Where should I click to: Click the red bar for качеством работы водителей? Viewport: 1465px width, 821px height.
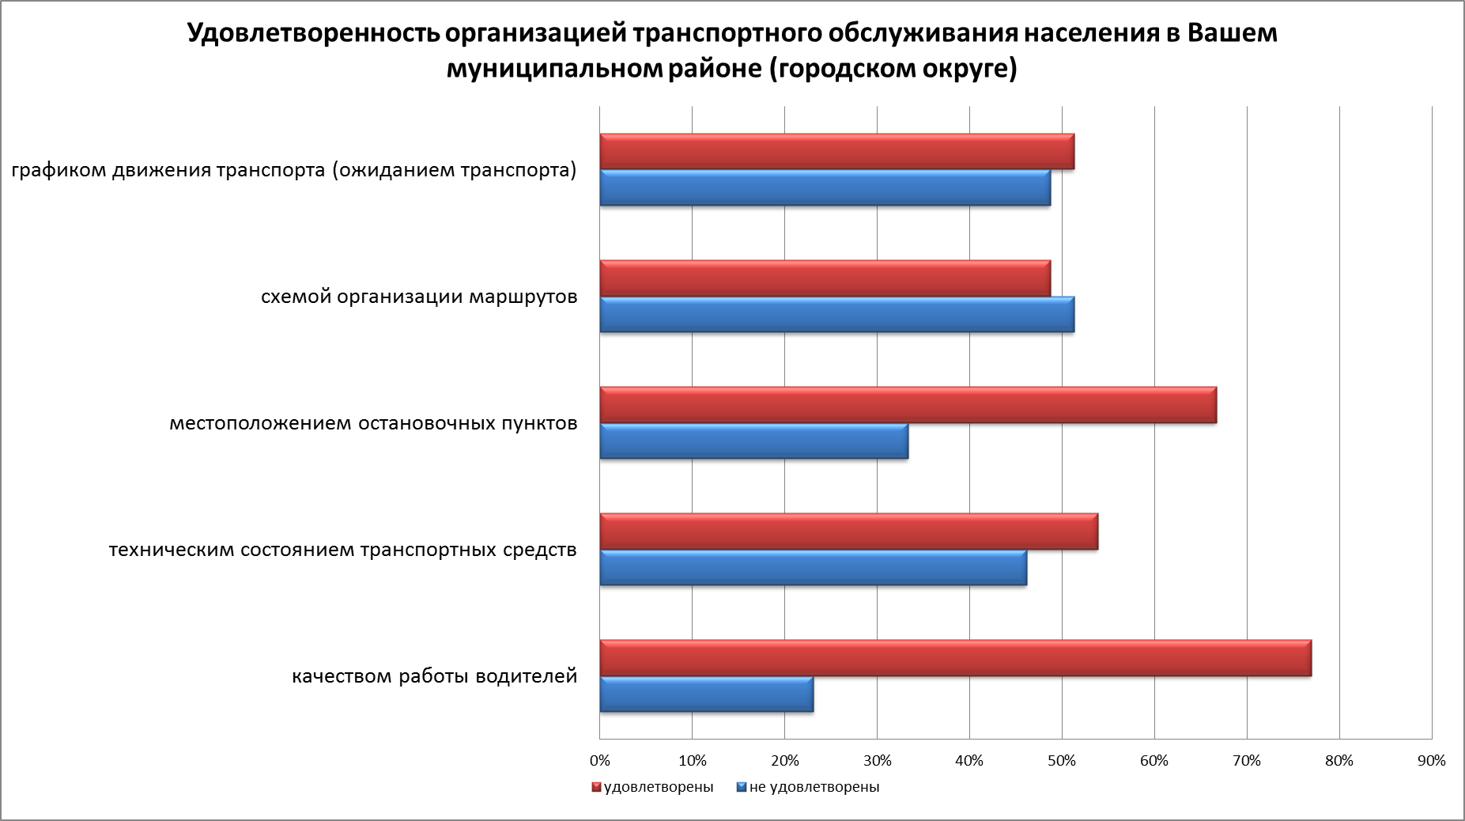[x=955, y=658]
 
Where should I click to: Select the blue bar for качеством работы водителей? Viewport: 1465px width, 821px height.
[x=707, y=694]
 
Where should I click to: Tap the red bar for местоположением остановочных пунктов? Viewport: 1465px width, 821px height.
[x=908, y=405]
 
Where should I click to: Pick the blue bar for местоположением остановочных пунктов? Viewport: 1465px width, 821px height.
[x=754, y=441]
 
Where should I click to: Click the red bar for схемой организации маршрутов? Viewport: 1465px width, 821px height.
[x=825, y=278]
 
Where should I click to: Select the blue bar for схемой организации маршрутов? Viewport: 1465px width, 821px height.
[x=836, y=315]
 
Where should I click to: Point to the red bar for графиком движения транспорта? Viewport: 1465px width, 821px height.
[x=836, y=152]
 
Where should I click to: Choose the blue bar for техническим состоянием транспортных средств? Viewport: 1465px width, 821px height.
[x=813, y=568]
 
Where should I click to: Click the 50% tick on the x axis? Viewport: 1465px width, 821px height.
[x=1062, y=761]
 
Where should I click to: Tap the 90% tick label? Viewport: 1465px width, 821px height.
[x=1432, y=761]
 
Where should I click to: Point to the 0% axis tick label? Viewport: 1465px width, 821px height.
[x=600, y=761]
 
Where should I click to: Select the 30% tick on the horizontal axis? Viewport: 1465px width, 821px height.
[x=877, y=761]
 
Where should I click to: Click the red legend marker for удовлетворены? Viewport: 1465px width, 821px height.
[x=597, y=788]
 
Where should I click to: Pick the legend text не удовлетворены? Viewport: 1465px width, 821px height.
[x=814, y=787]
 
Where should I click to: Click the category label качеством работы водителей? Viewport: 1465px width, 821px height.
[x=435, y=677]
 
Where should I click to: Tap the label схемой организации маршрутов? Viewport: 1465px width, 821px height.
[x=419, y=297]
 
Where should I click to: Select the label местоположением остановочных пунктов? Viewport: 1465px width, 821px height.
[x=373, y=424]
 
